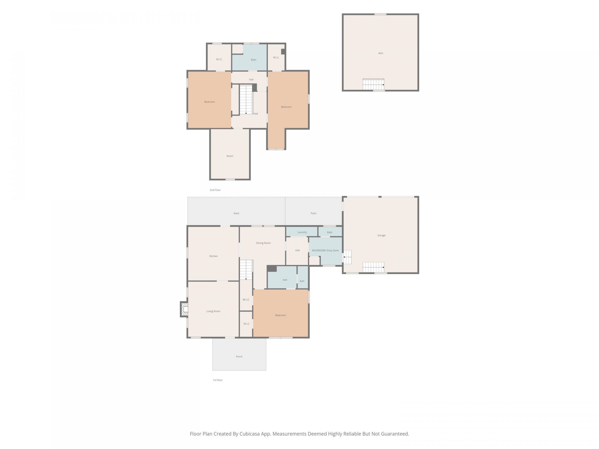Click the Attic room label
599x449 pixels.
(x=381, y=53)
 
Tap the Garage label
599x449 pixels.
(x=381, y=235)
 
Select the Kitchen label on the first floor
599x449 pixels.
(x=213, y=256)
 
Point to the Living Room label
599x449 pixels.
(x=213, y=311)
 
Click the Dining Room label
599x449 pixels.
(x=263, y=243)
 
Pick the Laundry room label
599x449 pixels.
(x=302, y=232)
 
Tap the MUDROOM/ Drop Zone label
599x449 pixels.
(x=325, y=250)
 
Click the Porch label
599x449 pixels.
(x=239, y=356)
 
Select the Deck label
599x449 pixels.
(x=236, y=213)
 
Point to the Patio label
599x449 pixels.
(x=313, y=213)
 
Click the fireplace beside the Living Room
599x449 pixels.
(x=184, y=309)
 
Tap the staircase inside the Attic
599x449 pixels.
(x=373, y=84)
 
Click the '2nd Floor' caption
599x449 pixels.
(x=215, y=190)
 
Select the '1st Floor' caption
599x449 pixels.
(x=217, y=380)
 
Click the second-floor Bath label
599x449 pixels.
(x=253, y=60)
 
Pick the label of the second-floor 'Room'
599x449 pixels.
(x=230, y=156)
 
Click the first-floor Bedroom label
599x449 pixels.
(x=280, y=315)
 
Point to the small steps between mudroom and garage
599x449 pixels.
(x=347, y=257)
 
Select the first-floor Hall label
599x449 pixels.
(x=297, y=250)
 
